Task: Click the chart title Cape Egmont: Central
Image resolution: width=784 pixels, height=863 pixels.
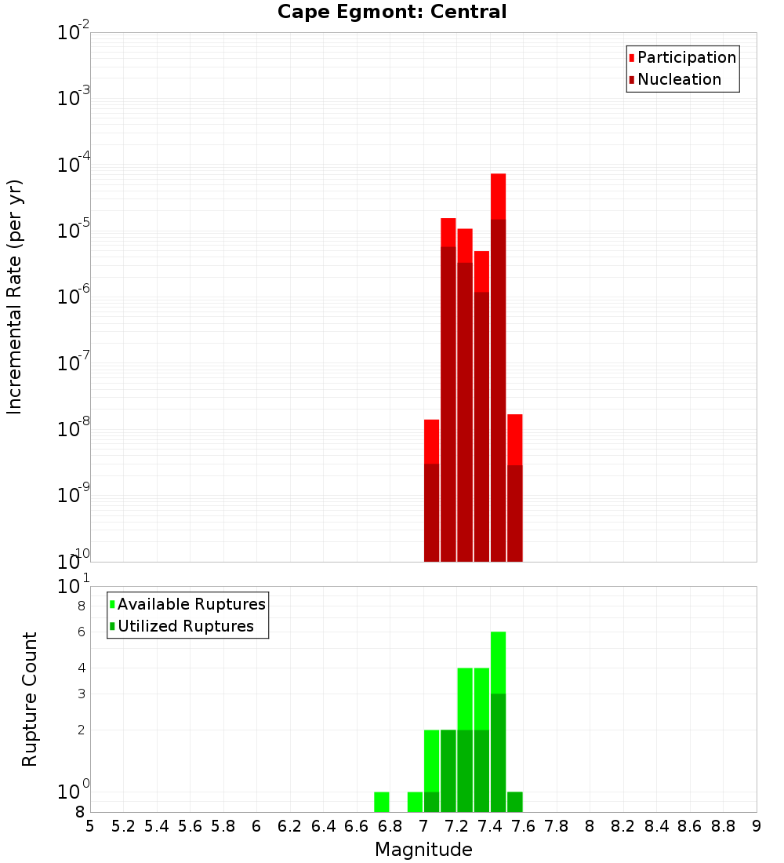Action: coord(392,12)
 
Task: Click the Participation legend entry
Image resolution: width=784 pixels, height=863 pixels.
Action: coord(686,57)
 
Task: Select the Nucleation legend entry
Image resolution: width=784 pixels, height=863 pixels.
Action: coord(678,79)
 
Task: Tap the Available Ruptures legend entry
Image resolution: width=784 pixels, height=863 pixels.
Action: coord(191,604)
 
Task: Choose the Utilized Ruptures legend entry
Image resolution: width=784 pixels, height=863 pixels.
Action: coord(185,626)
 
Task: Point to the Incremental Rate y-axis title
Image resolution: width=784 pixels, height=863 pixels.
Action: coord(15,297)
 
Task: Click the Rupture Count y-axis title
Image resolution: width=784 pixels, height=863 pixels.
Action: coord(30,699)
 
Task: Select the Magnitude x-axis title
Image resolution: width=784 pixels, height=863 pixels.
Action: coord(423,850)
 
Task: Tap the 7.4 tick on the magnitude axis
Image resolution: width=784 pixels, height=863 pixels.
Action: coord(490,826)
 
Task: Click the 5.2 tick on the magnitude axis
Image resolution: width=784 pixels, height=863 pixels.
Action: coord(124,826)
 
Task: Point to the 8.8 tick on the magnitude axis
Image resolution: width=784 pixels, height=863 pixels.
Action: coord(723,826)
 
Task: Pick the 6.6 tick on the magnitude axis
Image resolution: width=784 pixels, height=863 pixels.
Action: coord(357,826)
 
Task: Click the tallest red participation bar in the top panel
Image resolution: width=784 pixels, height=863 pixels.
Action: coord(498,196)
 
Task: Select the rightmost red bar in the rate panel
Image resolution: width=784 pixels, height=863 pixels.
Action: coord(515,439)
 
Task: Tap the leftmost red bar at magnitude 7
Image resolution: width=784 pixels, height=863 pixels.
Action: coord(431,442)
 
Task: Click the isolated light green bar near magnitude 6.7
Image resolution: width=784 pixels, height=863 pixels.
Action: coord(382,802)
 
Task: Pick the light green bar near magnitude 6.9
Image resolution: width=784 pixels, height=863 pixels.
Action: coord(415,802)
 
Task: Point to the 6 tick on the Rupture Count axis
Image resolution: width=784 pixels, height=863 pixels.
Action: coord(82,632)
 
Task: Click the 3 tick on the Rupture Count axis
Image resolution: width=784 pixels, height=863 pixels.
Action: coord(82,694)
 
